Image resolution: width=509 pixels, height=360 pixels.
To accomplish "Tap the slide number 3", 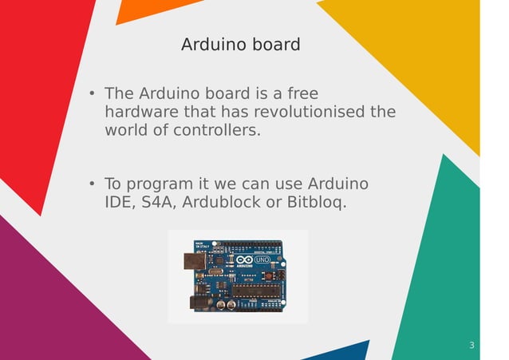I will click(472, 346).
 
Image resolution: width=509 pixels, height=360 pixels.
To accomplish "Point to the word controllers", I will click(218, 130).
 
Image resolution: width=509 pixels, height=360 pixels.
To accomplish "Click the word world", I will click(124, 130).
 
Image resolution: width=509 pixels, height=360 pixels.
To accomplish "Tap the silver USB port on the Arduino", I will click(193, 261).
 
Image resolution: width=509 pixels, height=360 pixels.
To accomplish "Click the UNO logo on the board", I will click(262, 260).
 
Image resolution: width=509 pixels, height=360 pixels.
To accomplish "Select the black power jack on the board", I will click(198, 303).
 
